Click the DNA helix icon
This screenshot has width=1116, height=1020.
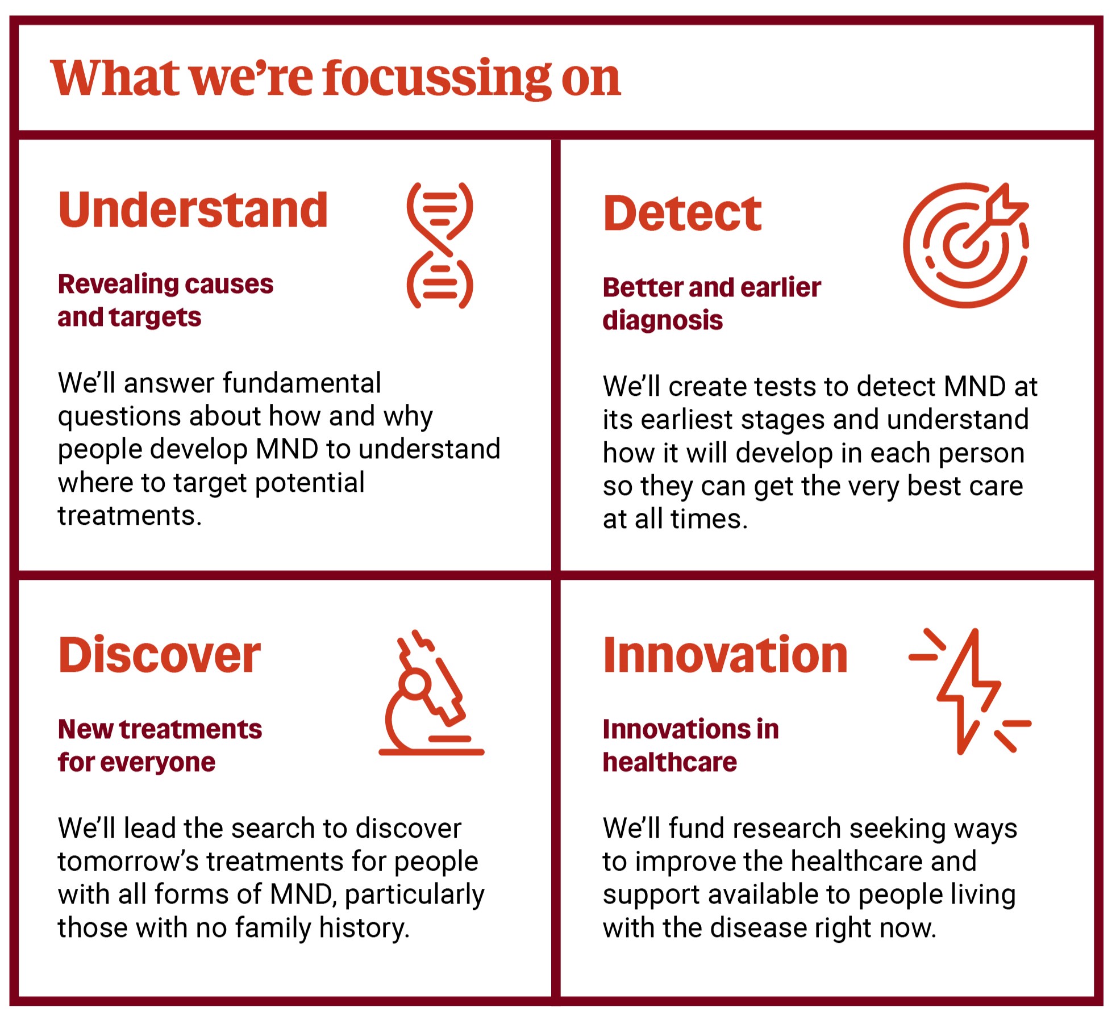[440, 245]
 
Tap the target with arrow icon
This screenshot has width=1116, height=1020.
[966, 245]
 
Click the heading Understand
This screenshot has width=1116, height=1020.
[193, 210]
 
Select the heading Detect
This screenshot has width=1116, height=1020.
[682, 214]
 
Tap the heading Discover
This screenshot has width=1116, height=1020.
[159, 655]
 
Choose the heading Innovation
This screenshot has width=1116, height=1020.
[725, 655]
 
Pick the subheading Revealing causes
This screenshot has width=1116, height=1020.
[165, 284]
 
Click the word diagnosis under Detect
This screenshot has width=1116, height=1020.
[663, 320]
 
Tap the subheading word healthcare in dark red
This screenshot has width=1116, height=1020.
[669, 762]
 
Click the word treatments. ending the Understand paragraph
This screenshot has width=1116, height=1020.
[130, 516]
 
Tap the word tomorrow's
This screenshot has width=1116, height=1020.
[128, 862]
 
